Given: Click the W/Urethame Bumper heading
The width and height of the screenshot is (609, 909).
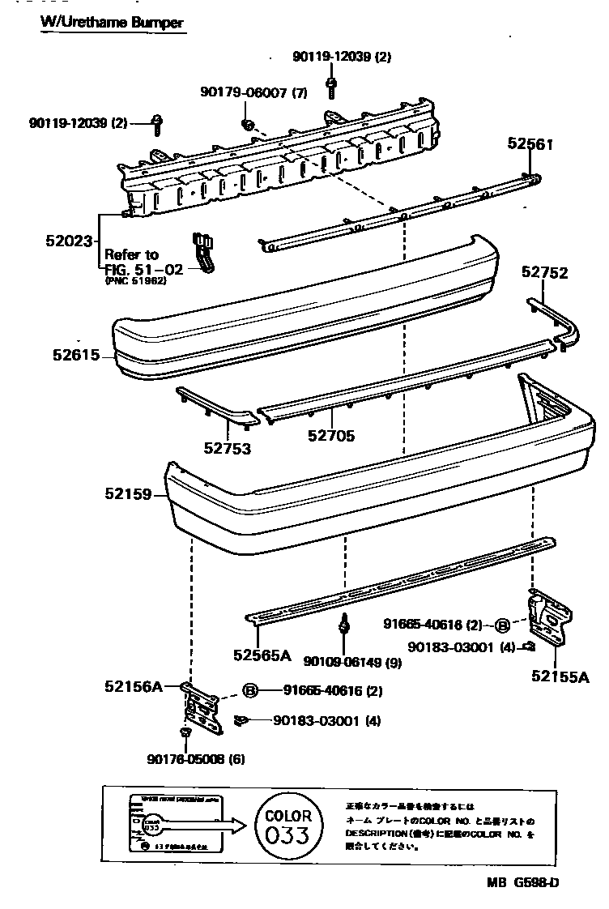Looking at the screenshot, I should [112, 22].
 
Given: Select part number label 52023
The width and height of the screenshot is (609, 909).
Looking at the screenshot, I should [70, 241].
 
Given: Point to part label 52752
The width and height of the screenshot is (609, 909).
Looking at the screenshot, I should [544, 273].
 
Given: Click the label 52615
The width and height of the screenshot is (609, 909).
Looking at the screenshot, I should [75, 355].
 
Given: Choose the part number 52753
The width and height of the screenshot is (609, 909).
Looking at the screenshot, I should [227, 448].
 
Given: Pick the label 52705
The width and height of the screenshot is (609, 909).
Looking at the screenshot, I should [330, 436].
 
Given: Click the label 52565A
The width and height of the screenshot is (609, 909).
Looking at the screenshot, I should [262, 655].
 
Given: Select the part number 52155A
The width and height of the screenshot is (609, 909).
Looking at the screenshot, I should [560, 676].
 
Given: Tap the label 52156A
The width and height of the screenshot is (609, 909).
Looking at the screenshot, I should [133, 687].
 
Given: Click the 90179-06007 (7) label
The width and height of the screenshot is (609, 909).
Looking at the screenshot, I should [253, 92].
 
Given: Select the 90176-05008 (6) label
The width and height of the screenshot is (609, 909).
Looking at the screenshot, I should [196, 759].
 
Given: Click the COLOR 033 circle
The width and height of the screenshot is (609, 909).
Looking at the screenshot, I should [287, 826].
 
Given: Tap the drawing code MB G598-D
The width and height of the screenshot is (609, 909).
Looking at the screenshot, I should [522, 882].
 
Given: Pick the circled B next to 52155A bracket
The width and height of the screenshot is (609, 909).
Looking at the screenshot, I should [502, 625].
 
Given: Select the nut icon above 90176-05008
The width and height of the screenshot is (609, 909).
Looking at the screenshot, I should [185, 732].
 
